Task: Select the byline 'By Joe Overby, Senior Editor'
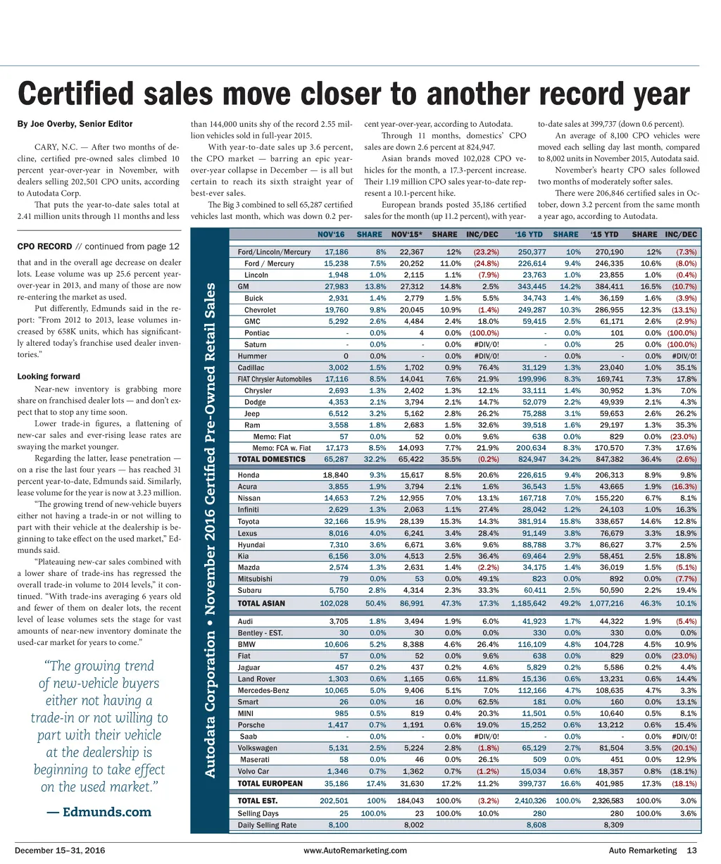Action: pyautogui.click(x=75, y=124)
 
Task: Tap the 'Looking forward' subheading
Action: pyautogui.click(x=49, y=377)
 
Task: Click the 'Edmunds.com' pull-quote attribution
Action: pyautogui.click(x=99, y=812)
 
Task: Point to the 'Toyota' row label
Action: pyautogui.click(x=249, y=522)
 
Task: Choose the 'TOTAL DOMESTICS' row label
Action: pyautogui.click(x=272, y=459)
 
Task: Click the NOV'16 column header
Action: pyautogui.click(x=331, y=234)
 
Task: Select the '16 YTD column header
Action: pyautogui.click(x=529, y=234)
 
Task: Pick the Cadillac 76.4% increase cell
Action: pyautogui.click(x=488, y=368)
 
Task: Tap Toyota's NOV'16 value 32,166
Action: pyautogui.click(x=334, y=522)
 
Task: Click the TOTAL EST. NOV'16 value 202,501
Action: pyautogui.click(x=334, y=801)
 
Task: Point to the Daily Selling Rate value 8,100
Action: pyautogui.click(x=338, y=825)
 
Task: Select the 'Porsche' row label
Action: pyautogui.click(x=251, y=725)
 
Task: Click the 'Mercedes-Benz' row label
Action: pyautogui.click(x=263, y=691)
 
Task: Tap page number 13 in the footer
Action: pyautogui.click(x=691, y=851)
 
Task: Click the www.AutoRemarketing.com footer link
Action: pyautogui.click(x=355, y=851)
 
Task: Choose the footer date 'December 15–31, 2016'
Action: pyautogui.click(x=60, y=851)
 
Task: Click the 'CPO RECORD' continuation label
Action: pyautogui.click(x=44, y=246)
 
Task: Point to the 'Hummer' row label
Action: pyautogui.click(x=252, y=356)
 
